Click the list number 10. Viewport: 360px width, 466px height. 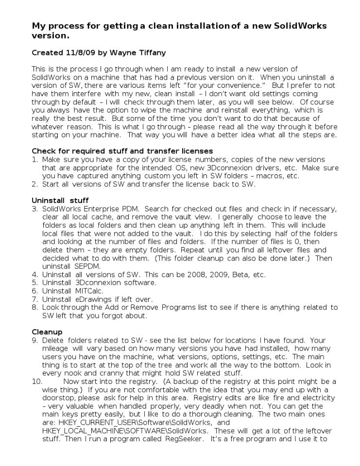point(37,382)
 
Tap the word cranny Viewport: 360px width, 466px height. point(110,373)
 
